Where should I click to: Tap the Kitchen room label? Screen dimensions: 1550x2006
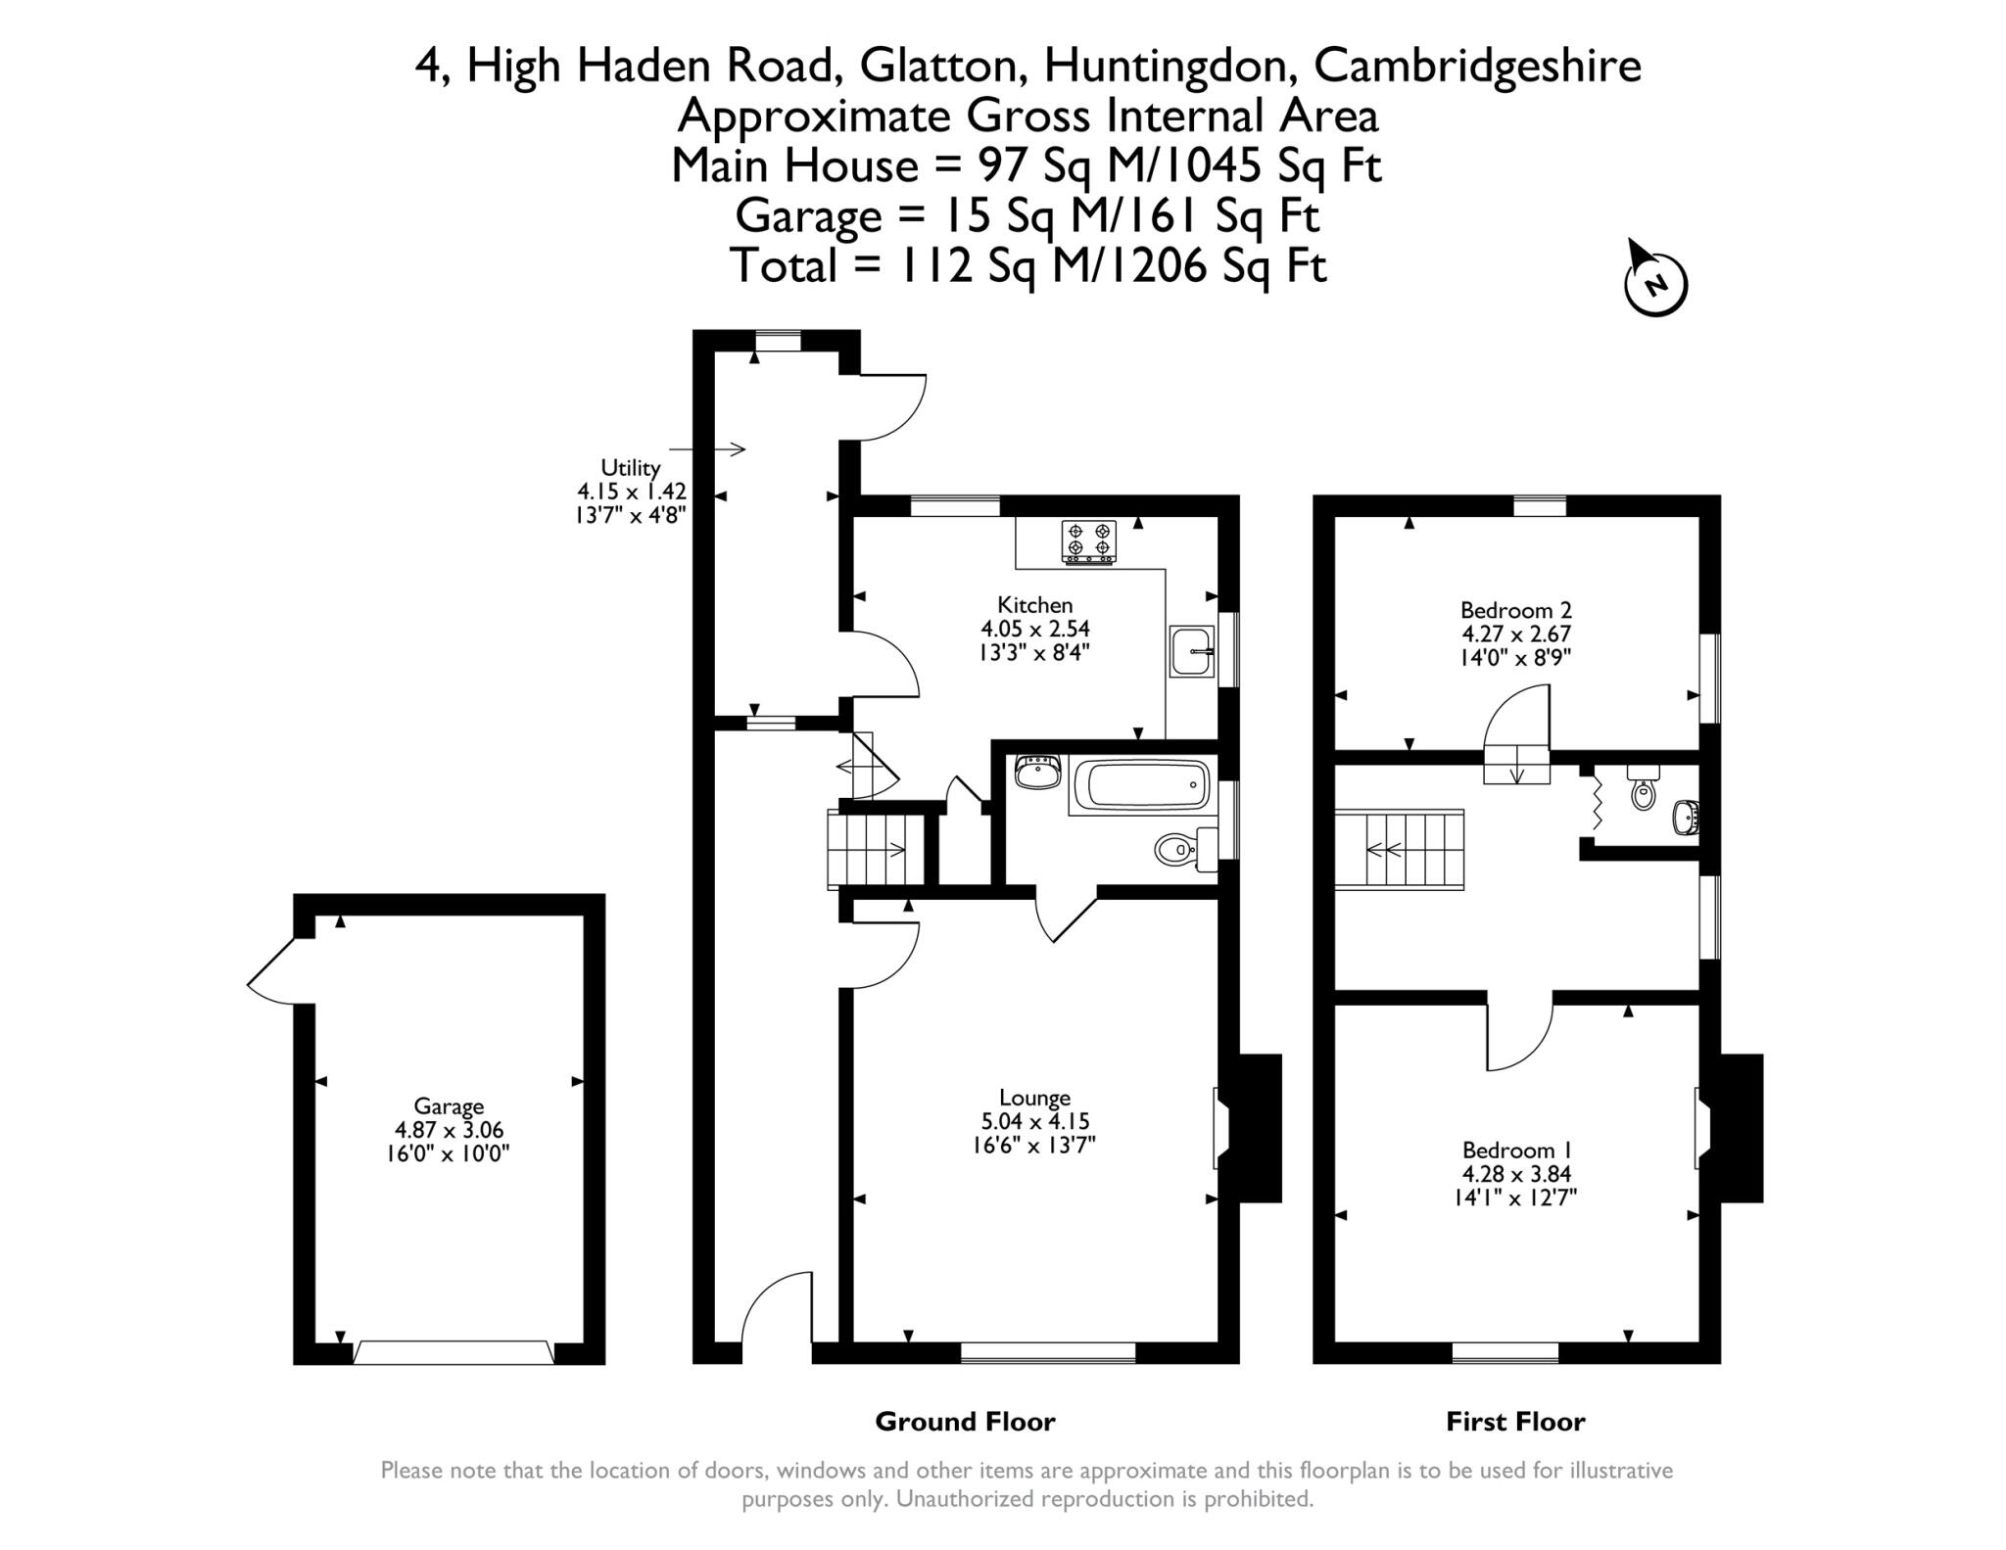pos(1034,605)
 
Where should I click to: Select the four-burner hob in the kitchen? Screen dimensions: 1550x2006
pos(1088,541)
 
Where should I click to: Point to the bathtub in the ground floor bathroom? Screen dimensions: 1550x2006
pos(1139,785)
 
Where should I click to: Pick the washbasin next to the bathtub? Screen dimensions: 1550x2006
pos(1037,772)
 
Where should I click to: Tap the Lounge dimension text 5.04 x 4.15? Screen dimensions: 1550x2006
pos(1034,1121)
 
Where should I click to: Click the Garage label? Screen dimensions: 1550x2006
pos(449,1106)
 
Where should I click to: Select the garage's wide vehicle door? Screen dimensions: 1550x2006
pos(453,1352)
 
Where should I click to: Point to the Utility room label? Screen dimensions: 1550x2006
pos(631,468)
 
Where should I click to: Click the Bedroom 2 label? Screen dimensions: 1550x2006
pos(1515,610)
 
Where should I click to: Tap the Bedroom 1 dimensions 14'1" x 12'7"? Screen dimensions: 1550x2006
pos(1515,1197)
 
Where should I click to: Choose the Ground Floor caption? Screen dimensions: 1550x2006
pos(965,1422)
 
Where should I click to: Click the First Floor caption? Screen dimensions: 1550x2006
pos(1515,1422)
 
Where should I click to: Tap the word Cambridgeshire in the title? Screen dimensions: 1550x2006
pos(1477,67)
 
